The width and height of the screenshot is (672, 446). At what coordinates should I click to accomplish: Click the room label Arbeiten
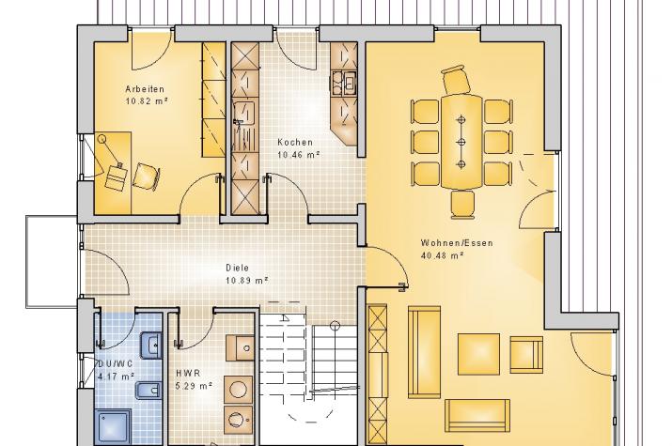pyautogui.click(x=145, y=89)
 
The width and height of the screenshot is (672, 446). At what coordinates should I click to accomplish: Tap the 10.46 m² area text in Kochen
pyautogui.click(x=299, y=155)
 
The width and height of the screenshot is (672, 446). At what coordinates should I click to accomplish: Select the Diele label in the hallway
pyautogui.click(x=238, y=268)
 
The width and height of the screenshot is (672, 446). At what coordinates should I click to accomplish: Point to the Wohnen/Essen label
pyautogui.click(x=457, y=242)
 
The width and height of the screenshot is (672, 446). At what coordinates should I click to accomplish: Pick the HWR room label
pyautogui.click(x=188, y=374)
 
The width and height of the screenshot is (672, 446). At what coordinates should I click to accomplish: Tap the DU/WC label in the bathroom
pyautogui.click(x=116, y=363)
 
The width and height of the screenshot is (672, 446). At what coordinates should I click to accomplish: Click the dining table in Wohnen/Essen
pyautogui.click(x=461, y=142)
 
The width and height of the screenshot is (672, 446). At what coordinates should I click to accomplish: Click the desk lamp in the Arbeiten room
pyautogui.click(x=109, y=150)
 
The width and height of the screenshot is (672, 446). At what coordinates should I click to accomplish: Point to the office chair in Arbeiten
pyautogui.click(x=146, y=177)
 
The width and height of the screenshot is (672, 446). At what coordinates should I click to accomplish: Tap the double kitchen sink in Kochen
pyautogui.click(x=345, y=83)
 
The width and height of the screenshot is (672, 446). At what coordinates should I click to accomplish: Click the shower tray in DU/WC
pyautogui.click(x=113, y=426)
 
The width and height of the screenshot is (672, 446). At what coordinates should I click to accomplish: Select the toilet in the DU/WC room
pyautogui.click(x=148, y=391)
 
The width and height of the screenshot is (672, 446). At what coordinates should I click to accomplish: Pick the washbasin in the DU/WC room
pyautogui.click(x=151, y=345)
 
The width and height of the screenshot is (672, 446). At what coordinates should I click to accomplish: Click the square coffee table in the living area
pyautogui.click(x=478, y=354)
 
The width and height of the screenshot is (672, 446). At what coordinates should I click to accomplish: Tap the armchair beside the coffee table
pyautogui.click(x=526, y=354)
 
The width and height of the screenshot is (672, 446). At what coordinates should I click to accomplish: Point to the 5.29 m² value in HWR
pyautogui.click(x=195, y=386)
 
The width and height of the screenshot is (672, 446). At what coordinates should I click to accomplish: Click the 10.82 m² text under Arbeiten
pyautogui.click(x=146, y=101)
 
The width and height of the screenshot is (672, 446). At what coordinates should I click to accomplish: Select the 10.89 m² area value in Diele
pyautogui.click(x=247, y=281)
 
